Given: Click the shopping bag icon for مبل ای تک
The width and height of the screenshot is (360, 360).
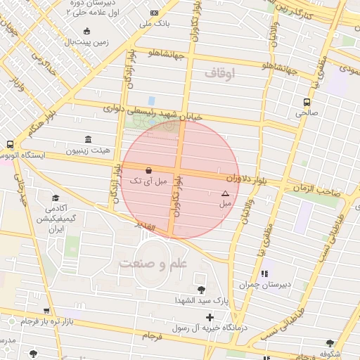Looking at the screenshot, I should pyautogui.click(x=148, y=170).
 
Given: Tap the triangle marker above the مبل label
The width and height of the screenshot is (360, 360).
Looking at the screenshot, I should pyautogui.click(x=225, y=193).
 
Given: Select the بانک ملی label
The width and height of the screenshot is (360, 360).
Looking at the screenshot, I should pyautogui.click(x=155, y=24).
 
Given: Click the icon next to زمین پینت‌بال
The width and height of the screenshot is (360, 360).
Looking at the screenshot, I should pyautogui.click(x=86, y=31).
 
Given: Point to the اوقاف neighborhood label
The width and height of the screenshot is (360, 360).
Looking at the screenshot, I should pyautogui.click(x=220, y=72).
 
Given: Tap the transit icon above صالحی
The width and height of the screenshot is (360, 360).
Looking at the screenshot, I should pyautogui.click(x=306, y=101).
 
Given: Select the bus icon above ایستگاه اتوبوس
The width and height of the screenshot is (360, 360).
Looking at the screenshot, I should pyautogui.click(x=10, y=143).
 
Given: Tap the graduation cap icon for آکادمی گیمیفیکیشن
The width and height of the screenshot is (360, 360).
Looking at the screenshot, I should pyautogui.click(x=56, y=198).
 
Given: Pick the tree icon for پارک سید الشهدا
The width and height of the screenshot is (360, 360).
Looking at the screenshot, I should pyautogui.click(x=202, y=290).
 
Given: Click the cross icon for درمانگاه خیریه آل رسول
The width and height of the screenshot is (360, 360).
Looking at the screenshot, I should pyautogui.click(x=210, y=317).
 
